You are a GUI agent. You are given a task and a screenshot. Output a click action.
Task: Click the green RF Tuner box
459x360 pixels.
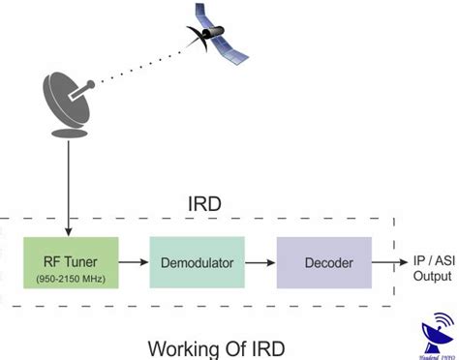[x=70, y=262]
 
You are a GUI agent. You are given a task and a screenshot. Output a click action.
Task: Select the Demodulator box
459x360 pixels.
[x=197, y=262]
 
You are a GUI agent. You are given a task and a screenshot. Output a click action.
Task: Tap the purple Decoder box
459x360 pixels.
[x=324, y=262]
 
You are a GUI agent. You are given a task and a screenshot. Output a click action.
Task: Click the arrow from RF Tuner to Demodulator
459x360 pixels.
[x=134, y=262]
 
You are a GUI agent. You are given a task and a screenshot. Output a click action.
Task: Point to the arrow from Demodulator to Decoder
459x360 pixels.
[x=260, y=262]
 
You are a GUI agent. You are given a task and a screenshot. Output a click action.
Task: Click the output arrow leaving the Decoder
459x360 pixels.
[x=387, y=262]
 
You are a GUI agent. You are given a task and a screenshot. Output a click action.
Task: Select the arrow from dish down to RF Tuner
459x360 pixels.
[x=68, y=184]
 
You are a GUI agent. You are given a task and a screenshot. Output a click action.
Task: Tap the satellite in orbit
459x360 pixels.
[x=215, y=33]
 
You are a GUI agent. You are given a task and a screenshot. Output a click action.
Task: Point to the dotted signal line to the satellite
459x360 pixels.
[x=145, y=63]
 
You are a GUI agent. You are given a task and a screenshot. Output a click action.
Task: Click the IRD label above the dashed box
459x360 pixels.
[x=205, y=204]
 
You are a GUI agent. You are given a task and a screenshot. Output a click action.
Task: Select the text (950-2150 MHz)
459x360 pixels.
[x=70, y=279]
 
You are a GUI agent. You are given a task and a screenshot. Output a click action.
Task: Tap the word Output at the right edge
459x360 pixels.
[x=431, y=276]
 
